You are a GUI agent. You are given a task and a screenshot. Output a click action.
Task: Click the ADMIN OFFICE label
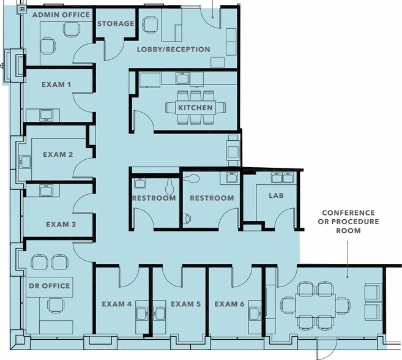tap(61, 15)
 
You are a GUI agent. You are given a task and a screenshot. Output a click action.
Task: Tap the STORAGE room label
tap(116, 24)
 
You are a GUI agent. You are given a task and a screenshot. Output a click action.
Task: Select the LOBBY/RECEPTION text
tap(174, 49)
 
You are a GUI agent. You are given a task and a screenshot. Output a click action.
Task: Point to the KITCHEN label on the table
tap(195, 108)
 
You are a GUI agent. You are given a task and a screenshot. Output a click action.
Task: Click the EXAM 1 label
tap(56, 84)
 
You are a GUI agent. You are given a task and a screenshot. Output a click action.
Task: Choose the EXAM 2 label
tap(58, 154)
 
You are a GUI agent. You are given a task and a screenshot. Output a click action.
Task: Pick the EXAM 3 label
tap(61, 225)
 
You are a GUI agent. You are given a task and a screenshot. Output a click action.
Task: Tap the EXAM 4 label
tap(117, 304)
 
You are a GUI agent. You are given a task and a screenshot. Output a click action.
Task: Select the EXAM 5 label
tap(186, 304)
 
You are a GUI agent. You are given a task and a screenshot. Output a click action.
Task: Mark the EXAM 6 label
tap(229, 304)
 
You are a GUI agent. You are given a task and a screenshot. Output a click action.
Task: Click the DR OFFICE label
tap(50, 286)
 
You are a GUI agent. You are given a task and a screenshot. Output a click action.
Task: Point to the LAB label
tap(276, 195)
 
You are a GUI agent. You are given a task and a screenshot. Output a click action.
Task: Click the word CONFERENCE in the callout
tap(348, 212)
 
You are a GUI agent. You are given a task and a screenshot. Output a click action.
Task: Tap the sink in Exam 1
tap(46, 115)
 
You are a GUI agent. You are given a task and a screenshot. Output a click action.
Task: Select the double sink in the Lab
tap(282, 178)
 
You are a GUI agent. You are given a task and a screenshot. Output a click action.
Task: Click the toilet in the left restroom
tap(169, 187)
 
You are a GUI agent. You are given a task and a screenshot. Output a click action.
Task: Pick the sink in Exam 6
tap(255, 313)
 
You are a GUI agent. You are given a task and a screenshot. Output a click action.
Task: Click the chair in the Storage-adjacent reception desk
tap(150, 24)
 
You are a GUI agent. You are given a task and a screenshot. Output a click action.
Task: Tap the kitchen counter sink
tap(182, 78)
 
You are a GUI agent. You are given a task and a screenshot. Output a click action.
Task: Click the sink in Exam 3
tap(46, 190)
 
